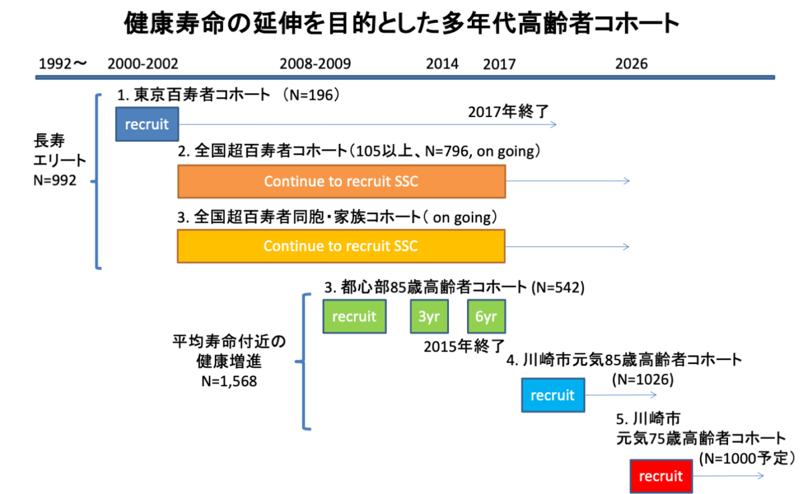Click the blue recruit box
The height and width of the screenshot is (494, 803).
coord(147,124)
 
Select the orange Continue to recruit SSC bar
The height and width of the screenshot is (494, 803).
coord(342,181)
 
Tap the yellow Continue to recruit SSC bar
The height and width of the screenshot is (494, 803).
coord(341,246)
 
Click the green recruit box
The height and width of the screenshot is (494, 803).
coord(355,317)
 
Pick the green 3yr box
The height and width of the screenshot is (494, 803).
coord(430,317)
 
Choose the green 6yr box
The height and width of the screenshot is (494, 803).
coord(486,317)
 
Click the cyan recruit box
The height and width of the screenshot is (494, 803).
coord(553,395)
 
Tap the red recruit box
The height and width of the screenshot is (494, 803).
coord(661,476)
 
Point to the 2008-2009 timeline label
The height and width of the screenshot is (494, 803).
coord(315,64)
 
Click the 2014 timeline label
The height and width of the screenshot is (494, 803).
coord(442,64)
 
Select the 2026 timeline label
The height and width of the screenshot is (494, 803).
coord(632,64)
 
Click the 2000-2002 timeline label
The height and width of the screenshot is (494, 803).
coord(143,64)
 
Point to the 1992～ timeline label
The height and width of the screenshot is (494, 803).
coord(63,64)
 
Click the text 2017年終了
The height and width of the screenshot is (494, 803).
coord(509,112)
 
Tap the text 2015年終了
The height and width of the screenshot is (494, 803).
coord(464,347)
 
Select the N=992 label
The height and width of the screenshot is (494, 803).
coord(55,180)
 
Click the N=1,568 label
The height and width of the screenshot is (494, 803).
coord(229,381)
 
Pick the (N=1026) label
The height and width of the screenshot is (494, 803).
coord(643,380)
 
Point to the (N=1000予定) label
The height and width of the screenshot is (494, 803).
coord(747,459)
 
